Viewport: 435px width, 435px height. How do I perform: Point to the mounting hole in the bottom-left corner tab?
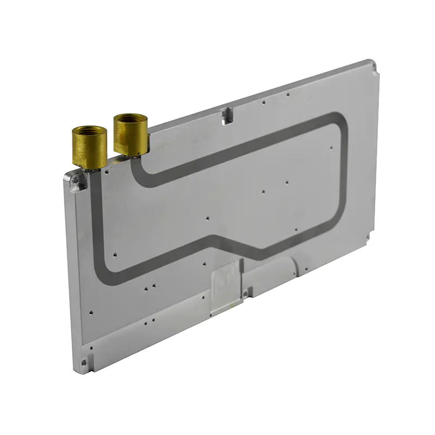click(x=84, y=362)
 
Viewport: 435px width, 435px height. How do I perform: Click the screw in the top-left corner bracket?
click(x=76, y=179)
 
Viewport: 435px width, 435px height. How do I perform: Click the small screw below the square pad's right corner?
click(x=245, y=294)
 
